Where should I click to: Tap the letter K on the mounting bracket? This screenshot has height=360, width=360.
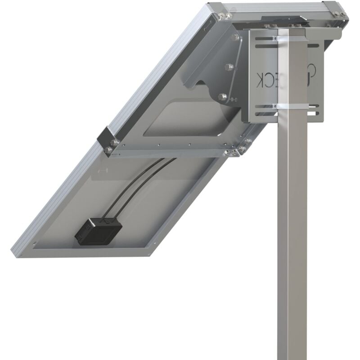tap(261, 79)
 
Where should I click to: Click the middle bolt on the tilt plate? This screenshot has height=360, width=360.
tap(228, 67)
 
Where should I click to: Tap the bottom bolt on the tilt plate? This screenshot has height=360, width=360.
tap(222, 96)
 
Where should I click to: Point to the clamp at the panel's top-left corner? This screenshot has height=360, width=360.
tap(219, 12)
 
